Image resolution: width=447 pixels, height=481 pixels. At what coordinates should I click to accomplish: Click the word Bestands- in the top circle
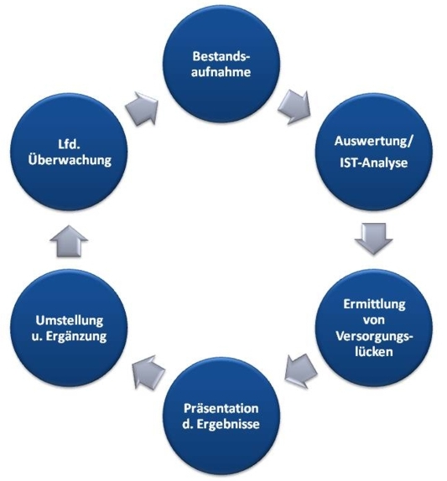click(x=221, y=56)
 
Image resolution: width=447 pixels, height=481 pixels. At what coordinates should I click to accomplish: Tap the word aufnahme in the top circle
click(x=221, y=72)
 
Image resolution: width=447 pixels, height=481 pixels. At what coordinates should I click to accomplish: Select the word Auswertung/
click(x=374, y=142)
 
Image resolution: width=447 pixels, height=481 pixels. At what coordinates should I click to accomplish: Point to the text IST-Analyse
click(x=374, y=163)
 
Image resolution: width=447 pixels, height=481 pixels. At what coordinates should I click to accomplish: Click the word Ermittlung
click(x=374, y=304)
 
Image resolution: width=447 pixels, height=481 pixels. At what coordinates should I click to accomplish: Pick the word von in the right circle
click(x=374, y=320)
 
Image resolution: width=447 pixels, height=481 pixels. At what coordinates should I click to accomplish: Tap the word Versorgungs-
click(x=374, y=336)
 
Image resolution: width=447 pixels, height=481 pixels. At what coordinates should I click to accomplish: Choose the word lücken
click(x=374, y=352)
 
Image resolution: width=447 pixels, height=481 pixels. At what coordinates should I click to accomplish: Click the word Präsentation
click(x=221, y=409)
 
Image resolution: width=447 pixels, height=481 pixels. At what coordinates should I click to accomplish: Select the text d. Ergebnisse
click(x=221, y=424)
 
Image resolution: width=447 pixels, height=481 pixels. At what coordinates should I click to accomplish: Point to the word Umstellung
click(x=70, y=321)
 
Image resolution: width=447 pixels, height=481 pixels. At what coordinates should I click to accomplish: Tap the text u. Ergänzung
click(x=69, y=337)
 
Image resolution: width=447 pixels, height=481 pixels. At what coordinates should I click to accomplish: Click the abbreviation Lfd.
click(x=69, y=144)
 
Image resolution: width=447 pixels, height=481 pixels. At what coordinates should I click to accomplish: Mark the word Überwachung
click(x=70, y=160)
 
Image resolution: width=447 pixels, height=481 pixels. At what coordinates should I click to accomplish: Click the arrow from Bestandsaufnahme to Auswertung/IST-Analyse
click(x=294, y=106)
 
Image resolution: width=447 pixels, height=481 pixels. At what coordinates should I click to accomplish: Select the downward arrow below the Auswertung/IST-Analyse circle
click(x=374, y=239)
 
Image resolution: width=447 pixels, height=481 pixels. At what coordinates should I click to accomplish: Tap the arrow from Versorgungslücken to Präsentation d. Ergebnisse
click(x=300, y=370)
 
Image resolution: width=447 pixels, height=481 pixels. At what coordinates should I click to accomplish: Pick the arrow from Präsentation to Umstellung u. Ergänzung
click(x=148, y=372)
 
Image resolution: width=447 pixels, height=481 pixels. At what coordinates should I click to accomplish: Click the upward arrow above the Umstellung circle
click(x=69, y=241)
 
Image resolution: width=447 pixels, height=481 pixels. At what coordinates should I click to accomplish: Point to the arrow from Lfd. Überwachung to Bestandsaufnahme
click(x=142, y=108)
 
